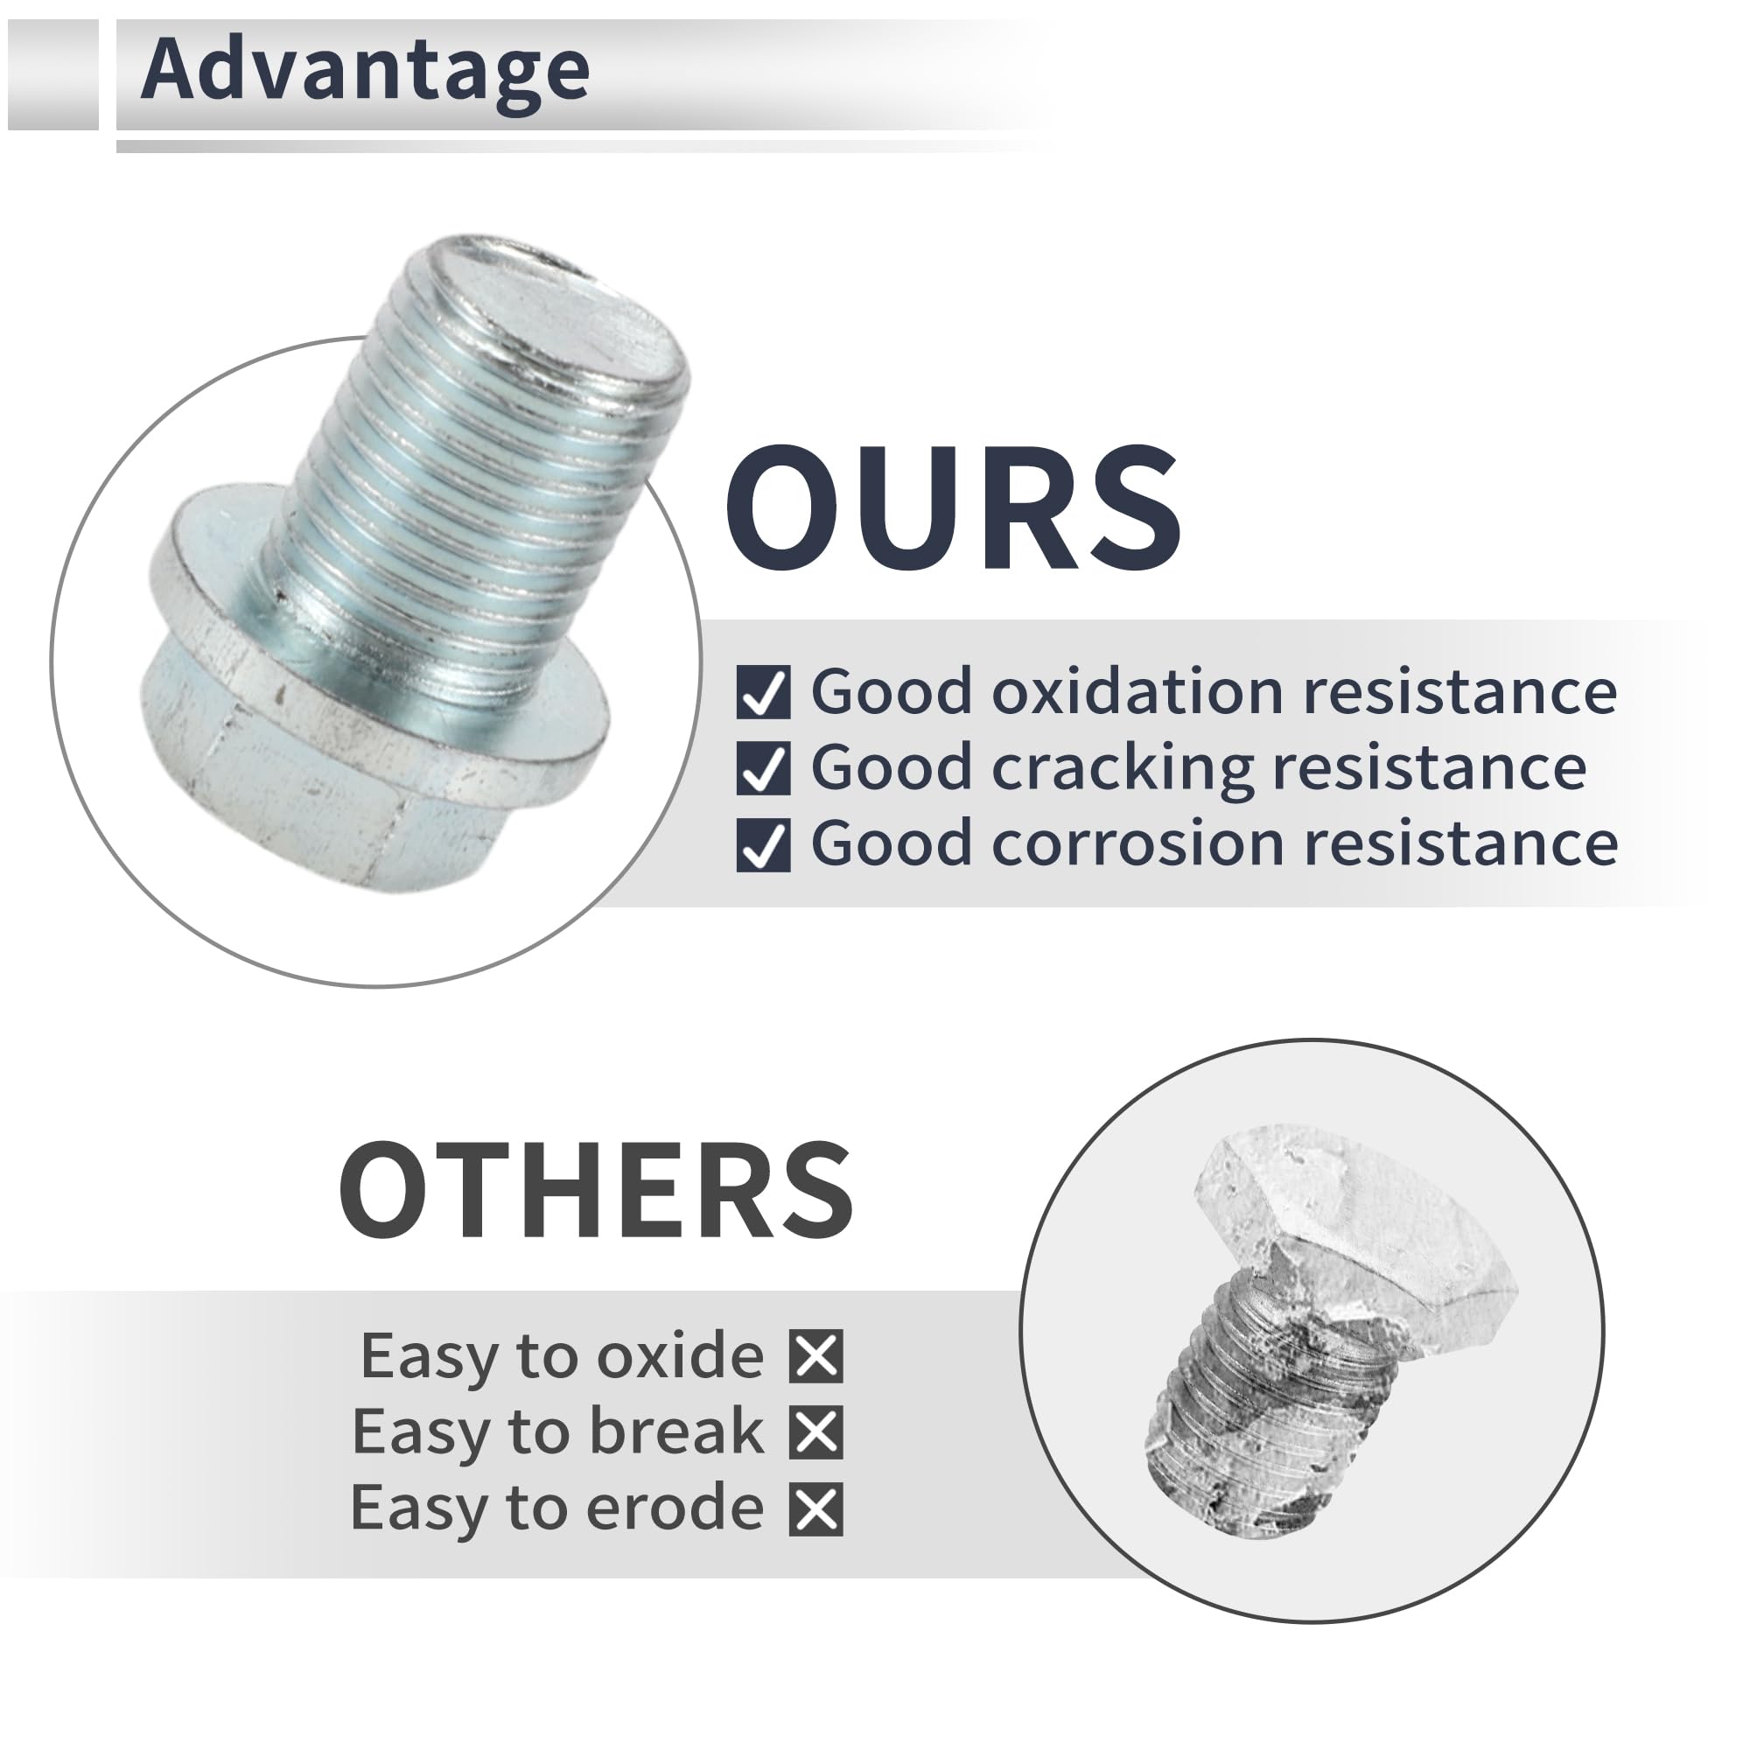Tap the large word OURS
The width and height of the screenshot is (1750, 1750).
coord(953,509)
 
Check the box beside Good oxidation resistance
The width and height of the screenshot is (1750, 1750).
coord(763,693)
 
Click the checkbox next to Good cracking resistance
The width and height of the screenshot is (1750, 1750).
coord(763,769)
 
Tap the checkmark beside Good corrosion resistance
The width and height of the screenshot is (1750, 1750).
coord(763,845)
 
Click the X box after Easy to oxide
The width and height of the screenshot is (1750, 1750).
coord(816,1356)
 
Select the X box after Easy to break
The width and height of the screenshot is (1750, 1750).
coord(816,1432)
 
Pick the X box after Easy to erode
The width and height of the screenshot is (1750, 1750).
coord(816,1509)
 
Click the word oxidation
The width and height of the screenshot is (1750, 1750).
coord(1137,693)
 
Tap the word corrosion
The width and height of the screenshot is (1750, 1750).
coord(1137,845)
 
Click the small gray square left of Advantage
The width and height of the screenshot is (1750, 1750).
coord(52,74)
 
